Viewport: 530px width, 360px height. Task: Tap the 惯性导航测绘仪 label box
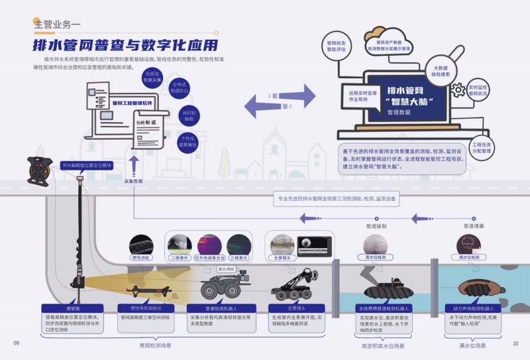point(144,308)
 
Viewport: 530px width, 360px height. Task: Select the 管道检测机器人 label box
point(219,308)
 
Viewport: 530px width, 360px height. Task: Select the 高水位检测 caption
point(374,257)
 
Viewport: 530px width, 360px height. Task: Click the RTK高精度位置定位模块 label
point(87,164)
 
